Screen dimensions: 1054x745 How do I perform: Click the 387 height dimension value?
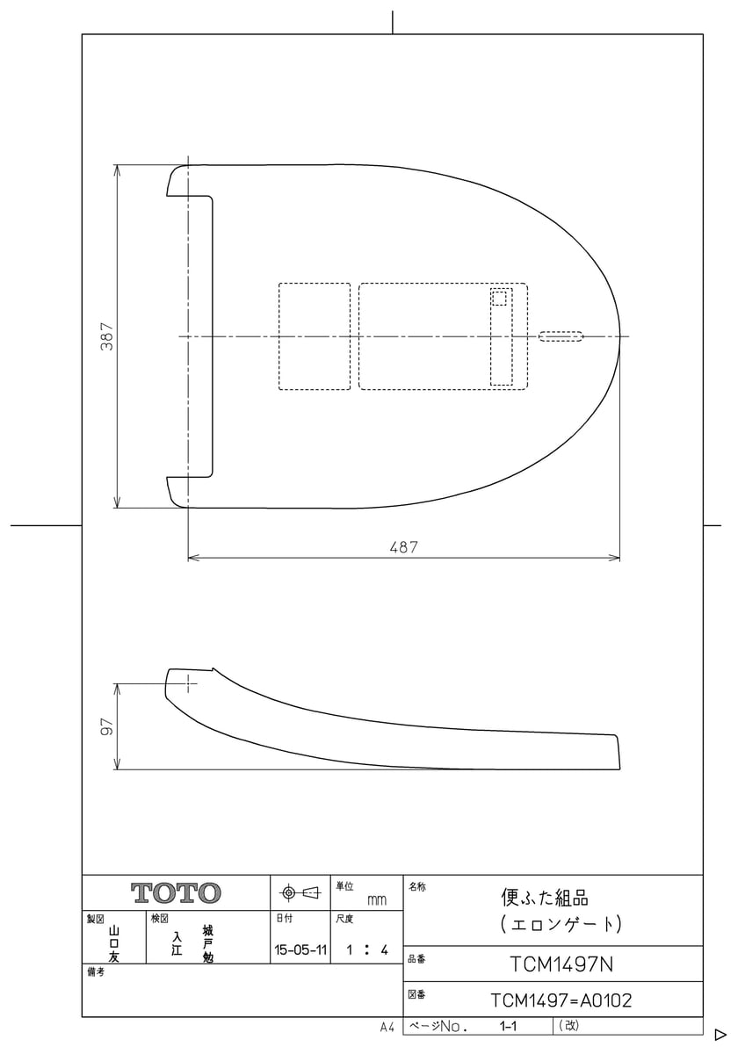[x=106, y=336]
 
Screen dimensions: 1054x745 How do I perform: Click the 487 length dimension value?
[x=403, y=546]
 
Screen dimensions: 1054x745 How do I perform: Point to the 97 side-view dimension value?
[x=106, y=726]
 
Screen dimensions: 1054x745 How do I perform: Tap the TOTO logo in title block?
[x=176, y=893]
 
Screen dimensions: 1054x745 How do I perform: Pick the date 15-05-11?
[x=300, y=949]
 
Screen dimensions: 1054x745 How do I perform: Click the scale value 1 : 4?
[x=367, y=949]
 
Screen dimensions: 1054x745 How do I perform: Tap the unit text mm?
[x=376, y=900]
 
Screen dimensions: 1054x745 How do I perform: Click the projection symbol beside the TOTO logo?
[x=300, y=893]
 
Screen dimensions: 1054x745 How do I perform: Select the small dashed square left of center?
[x=315, y=336]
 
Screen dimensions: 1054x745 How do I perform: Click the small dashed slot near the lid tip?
[x=561, y=336]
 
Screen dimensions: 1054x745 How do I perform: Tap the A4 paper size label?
[x=387, y=1027]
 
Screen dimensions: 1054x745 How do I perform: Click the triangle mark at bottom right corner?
[x=720, y=1035]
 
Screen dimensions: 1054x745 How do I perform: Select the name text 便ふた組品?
[x=544, y=898]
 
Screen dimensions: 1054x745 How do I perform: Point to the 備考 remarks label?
[x=95, y=972]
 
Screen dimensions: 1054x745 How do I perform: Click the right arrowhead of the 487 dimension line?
[x=615, y=558]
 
